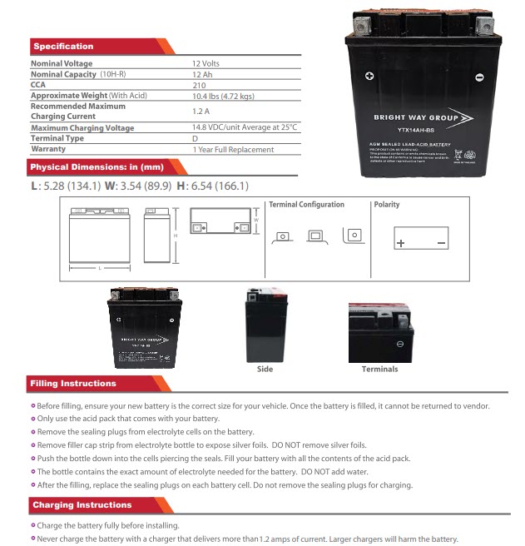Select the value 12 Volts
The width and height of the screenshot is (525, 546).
[206, 63]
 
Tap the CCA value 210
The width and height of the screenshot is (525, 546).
[199, 85]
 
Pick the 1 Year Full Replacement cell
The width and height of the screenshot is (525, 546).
[232, 150]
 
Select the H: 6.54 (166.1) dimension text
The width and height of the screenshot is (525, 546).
[212, 186]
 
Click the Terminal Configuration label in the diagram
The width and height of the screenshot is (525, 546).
[306, 205]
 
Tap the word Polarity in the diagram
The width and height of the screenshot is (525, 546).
[387, 205]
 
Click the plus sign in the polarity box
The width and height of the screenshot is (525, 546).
[401, 243]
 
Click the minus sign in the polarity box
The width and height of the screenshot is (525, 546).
[441, 243]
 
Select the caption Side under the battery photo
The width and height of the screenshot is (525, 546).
[265, 369]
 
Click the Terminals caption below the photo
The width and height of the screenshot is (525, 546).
[379, 369]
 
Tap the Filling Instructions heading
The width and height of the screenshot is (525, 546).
[73, 384]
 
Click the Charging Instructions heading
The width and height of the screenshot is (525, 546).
[82, 505]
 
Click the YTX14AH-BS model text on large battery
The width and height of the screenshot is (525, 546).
[422, 130]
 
